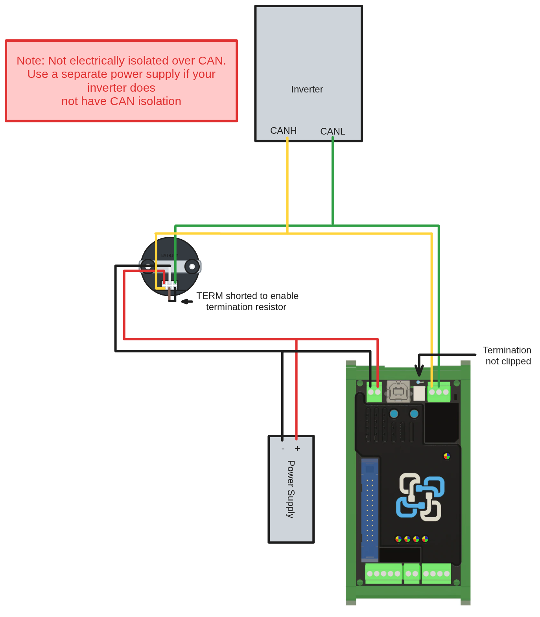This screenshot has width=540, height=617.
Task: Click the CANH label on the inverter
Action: pos(283,131)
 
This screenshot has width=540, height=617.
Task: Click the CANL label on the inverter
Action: pos(332,131)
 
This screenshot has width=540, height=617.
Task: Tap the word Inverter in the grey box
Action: pos(307,89)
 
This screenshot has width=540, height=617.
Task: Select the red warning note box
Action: pos(121,81)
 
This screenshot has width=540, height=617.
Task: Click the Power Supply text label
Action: pos(291,489)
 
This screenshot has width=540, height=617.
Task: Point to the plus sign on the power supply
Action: pos(297,449)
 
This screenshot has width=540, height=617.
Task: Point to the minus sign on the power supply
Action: pos(283,449)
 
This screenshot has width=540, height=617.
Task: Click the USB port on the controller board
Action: pos(398,392)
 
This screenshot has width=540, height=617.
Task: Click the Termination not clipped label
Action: pos(507,356)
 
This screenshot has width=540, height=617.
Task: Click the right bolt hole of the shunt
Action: pos(192,267)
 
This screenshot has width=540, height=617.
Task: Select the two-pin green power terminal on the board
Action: pos(374,392)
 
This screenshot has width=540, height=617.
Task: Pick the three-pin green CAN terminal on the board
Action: pos(439,392)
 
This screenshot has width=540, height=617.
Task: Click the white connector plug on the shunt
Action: pos(170,284)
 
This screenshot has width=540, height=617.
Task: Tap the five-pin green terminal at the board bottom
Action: pos(383,574)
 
